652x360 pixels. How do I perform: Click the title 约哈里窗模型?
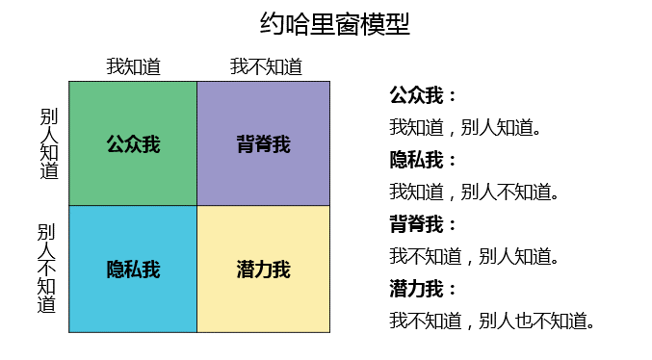pos(335,24)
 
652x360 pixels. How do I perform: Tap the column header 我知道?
pos(134,66)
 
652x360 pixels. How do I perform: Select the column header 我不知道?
pos(266,66)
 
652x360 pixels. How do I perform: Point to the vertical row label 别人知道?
pos(49,143)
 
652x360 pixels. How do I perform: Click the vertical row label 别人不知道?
pos(46,269)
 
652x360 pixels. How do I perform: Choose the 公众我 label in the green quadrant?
pos(133,144)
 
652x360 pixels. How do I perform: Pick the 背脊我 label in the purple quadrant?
pos(264,144)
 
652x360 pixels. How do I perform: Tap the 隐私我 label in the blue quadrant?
pos(133,269)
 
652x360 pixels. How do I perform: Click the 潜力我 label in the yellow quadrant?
pos(264,269)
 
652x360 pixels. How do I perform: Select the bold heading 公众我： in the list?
pos(423,95)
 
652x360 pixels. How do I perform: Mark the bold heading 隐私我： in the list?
pos(423,160)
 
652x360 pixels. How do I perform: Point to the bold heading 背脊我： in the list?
pos(423,224)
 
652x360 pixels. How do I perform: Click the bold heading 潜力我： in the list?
pos(423,289)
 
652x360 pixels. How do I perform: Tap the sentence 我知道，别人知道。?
pos(465,128)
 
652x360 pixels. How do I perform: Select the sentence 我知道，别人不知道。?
pos(475,193)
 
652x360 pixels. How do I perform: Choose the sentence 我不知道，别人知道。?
pos(475,256)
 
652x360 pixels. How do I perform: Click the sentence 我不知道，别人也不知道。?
pos(492,321)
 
